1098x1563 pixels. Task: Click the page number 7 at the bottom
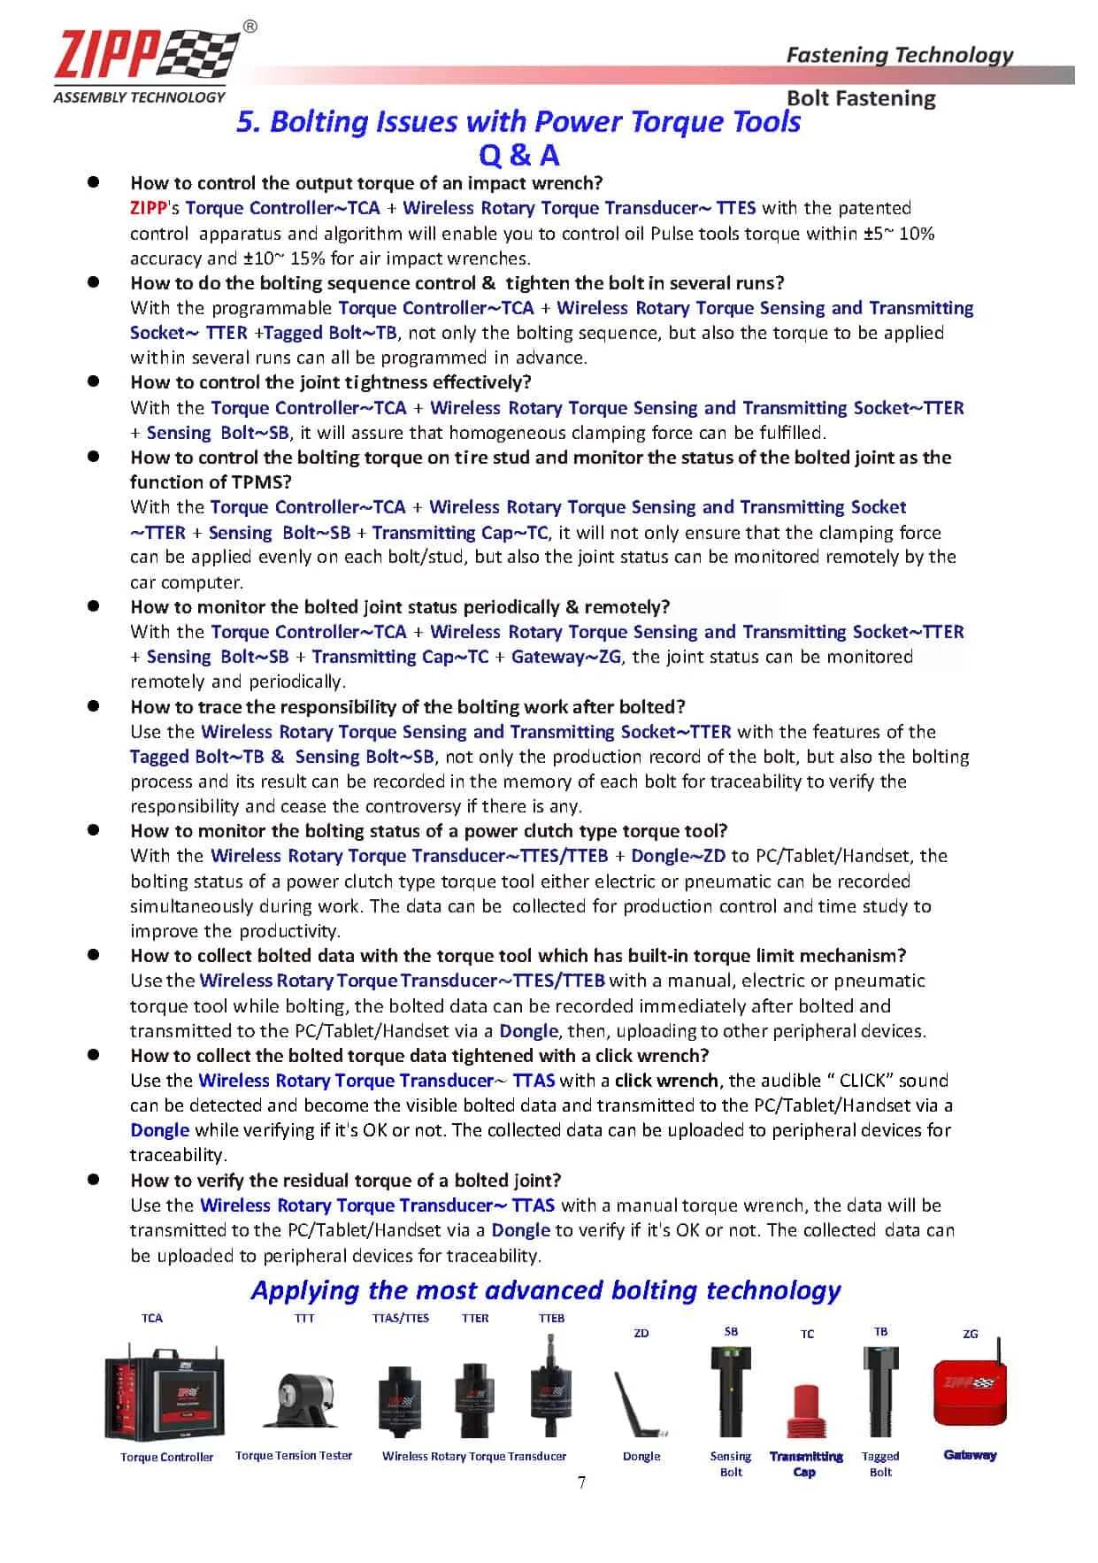pyautogui.click(x=581, y=1482)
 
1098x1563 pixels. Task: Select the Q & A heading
pyautogui.click(x=519, y=155)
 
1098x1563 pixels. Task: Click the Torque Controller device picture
pyautogui.click(x=165, y=1395)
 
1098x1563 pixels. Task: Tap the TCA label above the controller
pyautogui.click(x=152, y=1318)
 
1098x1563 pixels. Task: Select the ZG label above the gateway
pyautogui.click(x=971, y=1334)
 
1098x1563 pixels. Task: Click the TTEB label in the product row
pyautogui.click(x=551, y=1318)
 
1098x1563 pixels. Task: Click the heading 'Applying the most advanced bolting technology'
pyautogui.click(x=546, y=1290)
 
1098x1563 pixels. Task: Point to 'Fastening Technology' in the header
pyautogui.click(x=899, y=55)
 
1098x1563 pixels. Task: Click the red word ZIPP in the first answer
pyautogui.click(x=148, y=208)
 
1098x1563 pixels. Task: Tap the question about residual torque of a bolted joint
pyautogui.click(x=346, y=1180)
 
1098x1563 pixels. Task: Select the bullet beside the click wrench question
pyautogui.click(x=92, y=1054)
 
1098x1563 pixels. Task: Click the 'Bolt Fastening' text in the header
pyautogui.click(x=860, y=98)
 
